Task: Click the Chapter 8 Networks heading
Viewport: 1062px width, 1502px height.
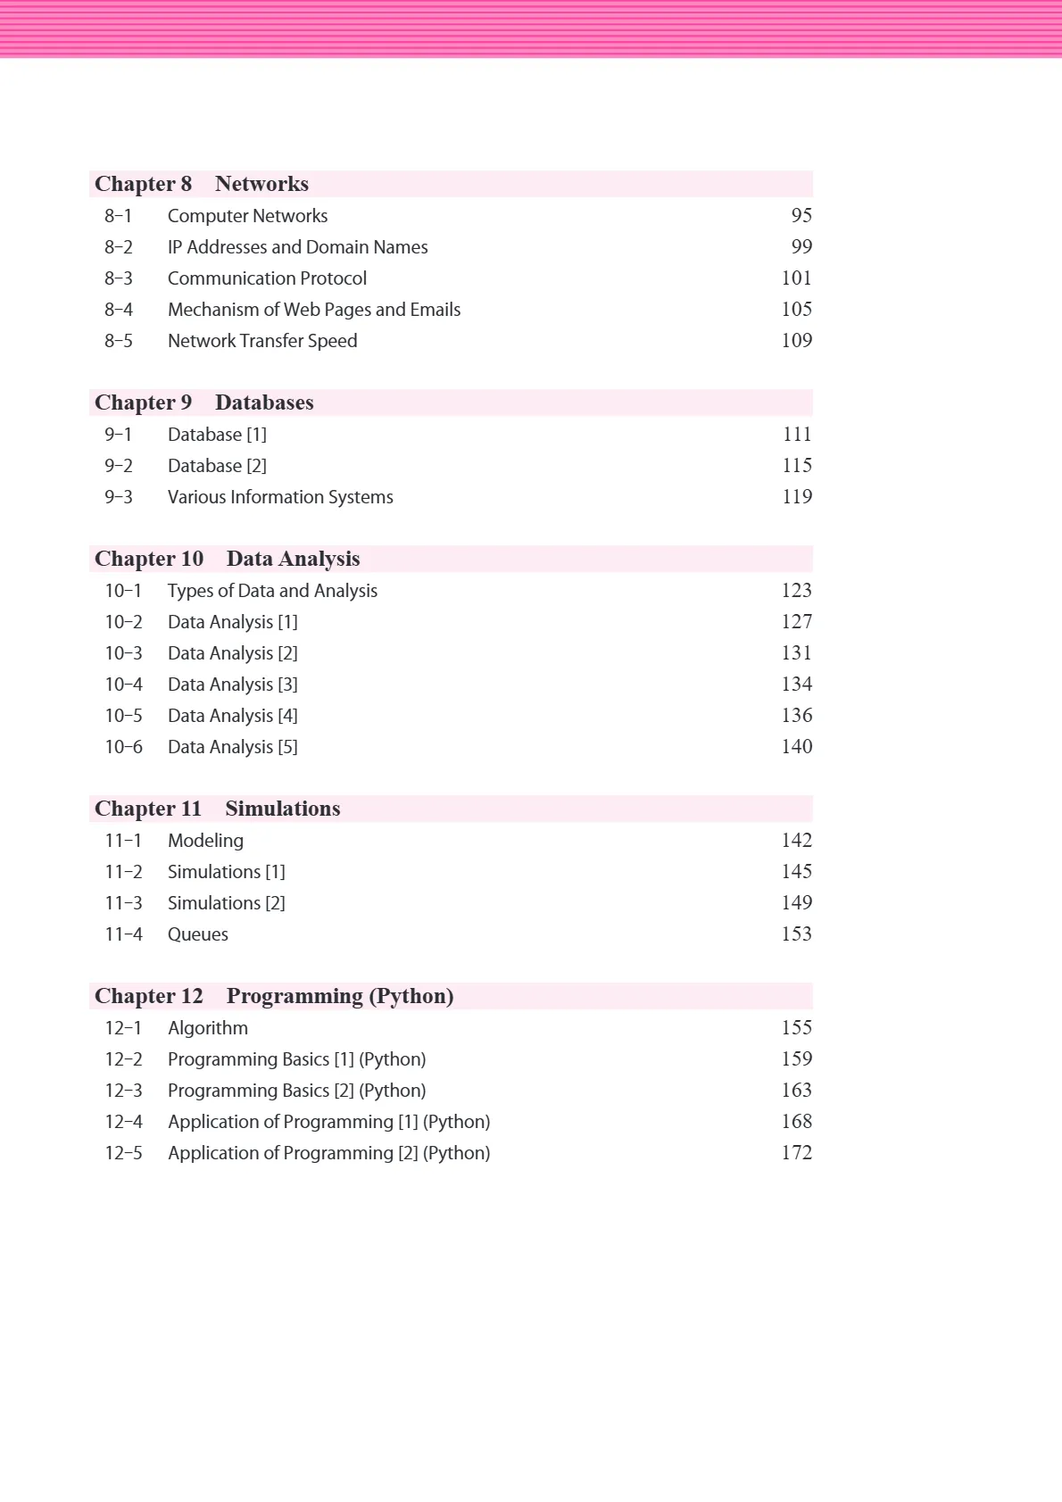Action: click(202, 184)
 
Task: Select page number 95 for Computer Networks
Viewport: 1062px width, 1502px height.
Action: click(801, 216)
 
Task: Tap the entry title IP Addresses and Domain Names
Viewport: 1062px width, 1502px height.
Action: click(297, 247)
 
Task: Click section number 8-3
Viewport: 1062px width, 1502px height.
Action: click(118, 278)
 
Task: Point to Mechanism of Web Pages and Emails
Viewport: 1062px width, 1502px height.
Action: click(314, 310)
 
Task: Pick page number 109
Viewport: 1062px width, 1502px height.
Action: click(796, 341)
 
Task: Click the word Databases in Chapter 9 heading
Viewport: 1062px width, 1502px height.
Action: click(264, 402)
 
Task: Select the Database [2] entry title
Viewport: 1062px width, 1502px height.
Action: click(217, 466)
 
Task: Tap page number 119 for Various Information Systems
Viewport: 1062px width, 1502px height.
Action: click(796, 497)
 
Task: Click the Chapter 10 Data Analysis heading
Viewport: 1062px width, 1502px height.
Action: click(227, 559)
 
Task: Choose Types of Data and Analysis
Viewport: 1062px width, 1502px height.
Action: click(272, 591)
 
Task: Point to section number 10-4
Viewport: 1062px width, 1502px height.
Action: click(123, 685)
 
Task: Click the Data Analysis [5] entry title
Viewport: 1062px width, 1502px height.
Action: click(232, 747)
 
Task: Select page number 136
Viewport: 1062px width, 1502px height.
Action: click(796, 716)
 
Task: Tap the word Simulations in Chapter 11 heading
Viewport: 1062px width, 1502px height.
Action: click(282, 809)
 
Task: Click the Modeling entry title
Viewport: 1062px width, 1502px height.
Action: click(205, 841)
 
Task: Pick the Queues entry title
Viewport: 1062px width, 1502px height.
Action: click(197, 934)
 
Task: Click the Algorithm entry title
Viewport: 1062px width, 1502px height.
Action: click(208, 1028)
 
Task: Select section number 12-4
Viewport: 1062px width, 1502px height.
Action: click(123, 1122)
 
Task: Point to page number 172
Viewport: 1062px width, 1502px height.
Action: click(796, 1153)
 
